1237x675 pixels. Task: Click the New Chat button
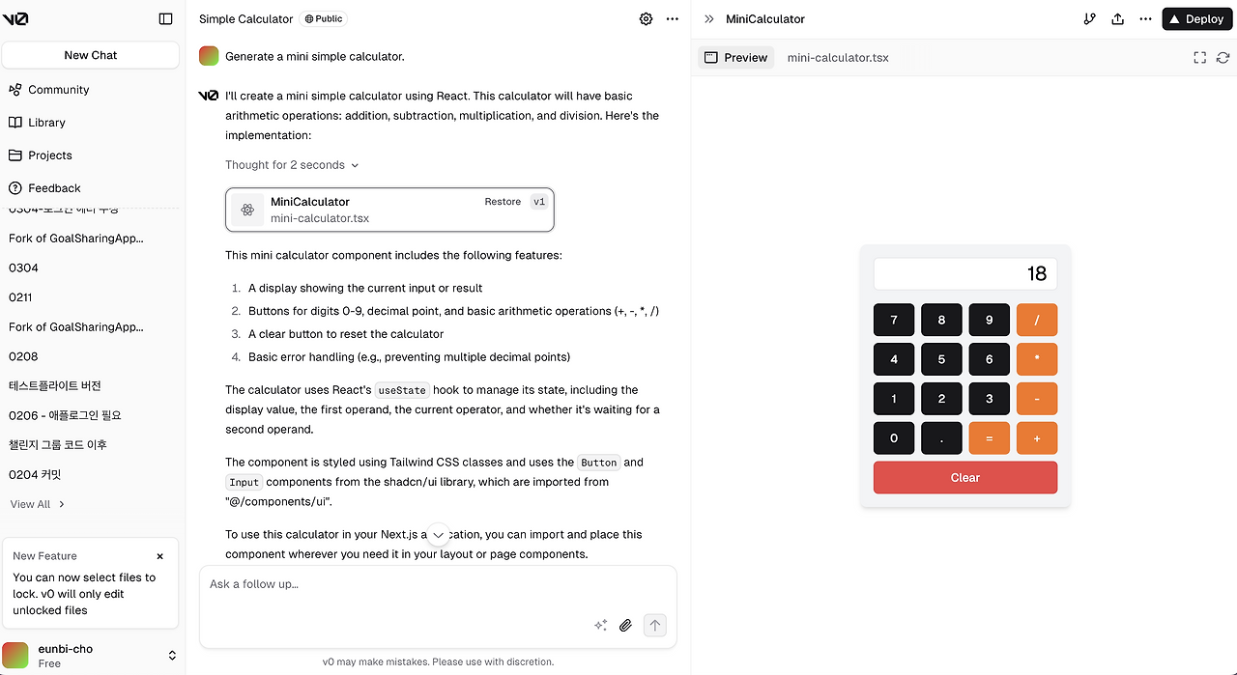click(91, 55)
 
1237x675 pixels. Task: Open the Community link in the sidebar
click(58, 90)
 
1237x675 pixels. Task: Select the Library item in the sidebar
click(46, 123)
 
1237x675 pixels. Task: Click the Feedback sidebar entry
click(54, 188)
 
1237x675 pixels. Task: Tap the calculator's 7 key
click(894, 320)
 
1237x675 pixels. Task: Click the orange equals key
click(989, 438)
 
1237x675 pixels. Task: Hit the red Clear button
click(964, 477)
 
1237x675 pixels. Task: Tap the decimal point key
click(941, 438)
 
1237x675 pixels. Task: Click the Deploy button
click(1196, 18)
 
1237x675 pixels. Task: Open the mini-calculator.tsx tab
click(838, 58)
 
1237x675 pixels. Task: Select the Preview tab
click(736, 58)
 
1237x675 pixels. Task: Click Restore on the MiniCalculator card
click(503, 202)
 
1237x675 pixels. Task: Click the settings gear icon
click(646, 18)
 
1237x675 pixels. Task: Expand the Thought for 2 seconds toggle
click(292, 165)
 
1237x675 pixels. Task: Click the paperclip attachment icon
click(625, 625)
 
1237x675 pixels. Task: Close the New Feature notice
click(160, 556)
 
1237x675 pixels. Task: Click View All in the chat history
click(38, 504)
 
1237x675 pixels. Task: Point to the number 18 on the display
click(1036, 274)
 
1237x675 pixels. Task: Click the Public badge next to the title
click(323, 18)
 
